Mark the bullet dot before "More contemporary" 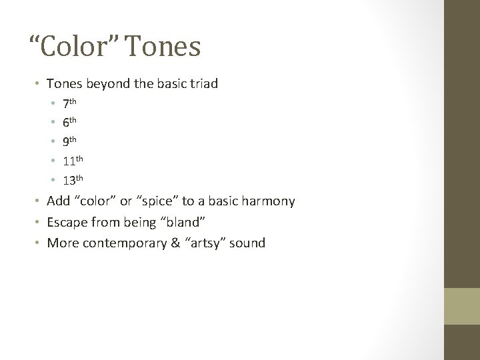tap(38, 243)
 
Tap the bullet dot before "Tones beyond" tap(38, 85)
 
